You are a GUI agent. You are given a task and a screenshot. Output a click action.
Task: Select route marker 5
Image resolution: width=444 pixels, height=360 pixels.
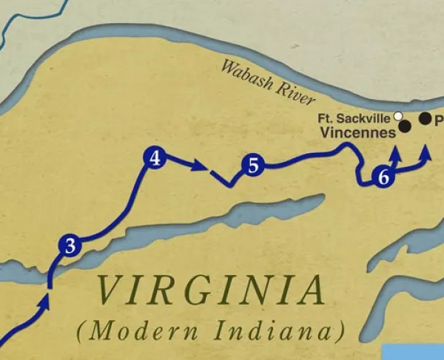(x=253, y=166)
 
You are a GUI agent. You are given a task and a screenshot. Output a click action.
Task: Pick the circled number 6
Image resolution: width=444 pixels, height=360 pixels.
(x=383, y=177)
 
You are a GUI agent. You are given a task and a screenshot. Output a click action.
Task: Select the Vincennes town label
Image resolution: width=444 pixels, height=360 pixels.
(x=359, y=134)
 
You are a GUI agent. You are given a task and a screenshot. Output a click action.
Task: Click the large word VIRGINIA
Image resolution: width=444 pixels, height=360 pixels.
(x=211, y=291)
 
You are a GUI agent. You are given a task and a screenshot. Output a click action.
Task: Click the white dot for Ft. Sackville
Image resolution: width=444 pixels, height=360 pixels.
(x=399, y=116)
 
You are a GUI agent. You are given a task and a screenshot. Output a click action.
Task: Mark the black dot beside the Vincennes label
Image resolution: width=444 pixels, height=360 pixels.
(x=406, y=127)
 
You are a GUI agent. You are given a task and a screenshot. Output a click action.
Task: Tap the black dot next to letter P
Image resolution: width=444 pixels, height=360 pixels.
(x=425, y=118)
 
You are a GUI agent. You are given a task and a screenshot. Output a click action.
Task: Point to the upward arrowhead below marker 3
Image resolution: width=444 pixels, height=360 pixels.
(x=48, y=299)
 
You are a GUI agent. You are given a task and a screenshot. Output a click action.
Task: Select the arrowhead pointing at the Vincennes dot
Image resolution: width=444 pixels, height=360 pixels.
(x=397, y=152)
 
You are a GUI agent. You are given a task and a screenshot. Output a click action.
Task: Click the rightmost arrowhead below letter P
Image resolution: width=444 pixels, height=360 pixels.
(x=427, y=152)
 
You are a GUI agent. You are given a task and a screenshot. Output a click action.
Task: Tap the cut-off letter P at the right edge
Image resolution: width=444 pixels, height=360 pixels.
(x=439, y=119)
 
